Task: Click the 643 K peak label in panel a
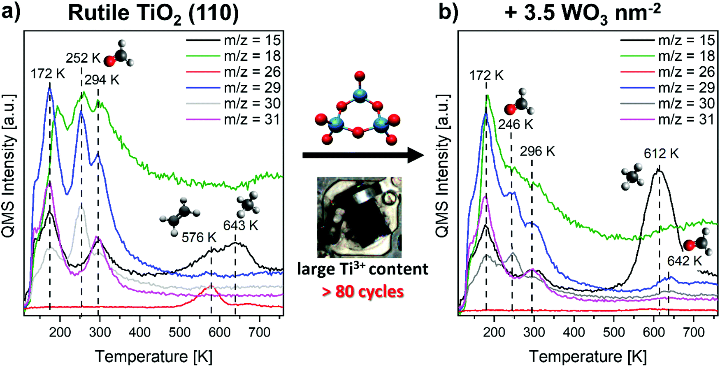(x=240, y=225)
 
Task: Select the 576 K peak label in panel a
(x=199, y=237)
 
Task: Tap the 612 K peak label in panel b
(x=661, y=153)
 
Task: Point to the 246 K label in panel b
(x=515, y=124)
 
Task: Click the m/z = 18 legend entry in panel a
(x=233, y=56)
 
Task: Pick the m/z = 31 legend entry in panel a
(x=233, y=120)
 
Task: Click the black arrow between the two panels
(x=362, y=155)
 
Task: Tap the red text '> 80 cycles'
(x=362, y=292)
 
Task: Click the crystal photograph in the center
(x=359, y=217)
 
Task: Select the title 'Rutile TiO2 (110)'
(x=153, y=13)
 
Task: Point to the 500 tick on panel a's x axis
(x=180, y=332)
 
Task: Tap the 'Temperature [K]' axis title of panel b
(x=588, y=356)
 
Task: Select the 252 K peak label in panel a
(x=83, y=58)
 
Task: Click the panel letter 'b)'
(x=448, y=12)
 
